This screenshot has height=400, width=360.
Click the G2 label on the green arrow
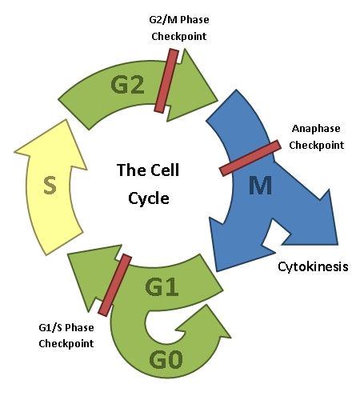click(x=127, y=85)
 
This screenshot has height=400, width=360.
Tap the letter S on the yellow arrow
click(x=50, y=185)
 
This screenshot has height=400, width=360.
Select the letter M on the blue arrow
click(x=260, y=186)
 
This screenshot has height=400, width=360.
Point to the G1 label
click(x=162, y=287)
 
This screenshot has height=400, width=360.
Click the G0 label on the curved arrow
click(x=166, y=360)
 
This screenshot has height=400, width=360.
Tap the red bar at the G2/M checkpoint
click(x=166, y=81)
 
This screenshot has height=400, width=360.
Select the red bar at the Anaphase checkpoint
click(x=250, y=158)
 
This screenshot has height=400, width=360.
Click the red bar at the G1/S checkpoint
click(x=115, y=285)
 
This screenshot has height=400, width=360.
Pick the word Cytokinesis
click(x=313, y=266)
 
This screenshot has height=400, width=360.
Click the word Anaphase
click(x=316, y=129)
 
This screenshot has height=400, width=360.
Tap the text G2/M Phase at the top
click(x=179, y=20)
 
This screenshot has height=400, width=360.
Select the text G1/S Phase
click(x=66, y=327)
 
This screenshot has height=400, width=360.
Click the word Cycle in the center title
click(x=149, y=198)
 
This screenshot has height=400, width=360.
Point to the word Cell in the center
click(x=165, y=170)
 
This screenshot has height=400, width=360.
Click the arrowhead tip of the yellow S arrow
click(x=66, y=120)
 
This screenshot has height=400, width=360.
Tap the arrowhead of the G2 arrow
click(x=193, y=86)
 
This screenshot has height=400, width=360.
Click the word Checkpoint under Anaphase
click(x=317, y=146)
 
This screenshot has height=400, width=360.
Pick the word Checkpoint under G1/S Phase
click(x=66, y=343)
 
